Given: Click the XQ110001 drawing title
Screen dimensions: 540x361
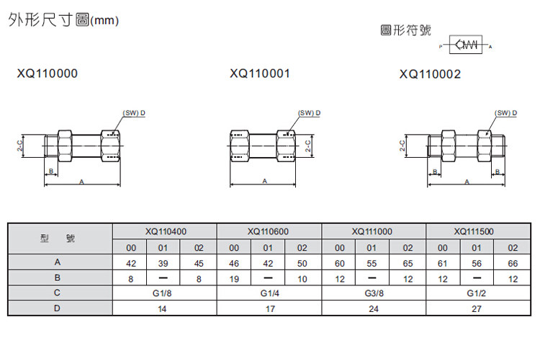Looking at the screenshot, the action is click(260, 73).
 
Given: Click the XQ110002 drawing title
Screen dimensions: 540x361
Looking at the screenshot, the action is click(430, 73).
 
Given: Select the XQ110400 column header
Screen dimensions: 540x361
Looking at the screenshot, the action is click(165, 232).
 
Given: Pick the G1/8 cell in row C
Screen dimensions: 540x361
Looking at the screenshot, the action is click(165, 293).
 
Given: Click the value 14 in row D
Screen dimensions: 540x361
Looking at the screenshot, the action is click(165, 308).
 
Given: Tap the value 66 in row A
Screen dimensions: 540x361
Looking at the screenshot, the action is click(513, 264).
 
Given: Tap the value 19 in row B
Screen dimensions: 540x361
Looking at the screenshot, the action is click(233, 277).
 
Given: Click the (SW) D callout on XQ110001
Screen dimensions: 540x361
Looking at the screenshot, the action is click(310, 113).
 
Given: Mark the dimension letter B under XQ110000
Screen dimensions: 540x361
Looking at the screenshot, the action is click(50, 171).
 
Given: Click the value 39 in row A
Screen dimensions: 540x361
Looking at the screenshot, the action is click(165, 264).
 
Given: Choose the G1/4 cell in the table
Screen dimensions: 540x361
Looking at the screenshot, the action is click(268, 293).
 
